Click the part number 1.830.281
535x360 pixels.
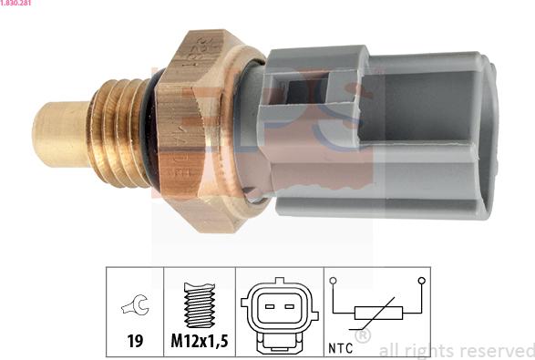pos(19,5)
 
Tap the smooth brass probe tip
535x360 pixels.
pos(60,134)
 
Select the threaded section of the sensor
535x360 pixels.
pos(119,131)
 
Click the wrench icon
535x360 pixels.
pos(134,307)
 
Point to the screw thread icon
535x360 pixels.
pos(198,303)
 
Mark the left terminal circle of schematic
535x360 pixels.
pos(334,281)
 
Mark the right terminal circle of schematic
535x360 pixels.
pos(421,281)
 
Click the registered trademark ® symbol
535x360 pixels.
pos(362,336)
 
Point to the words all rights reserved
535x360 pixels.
pos(456,350)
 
